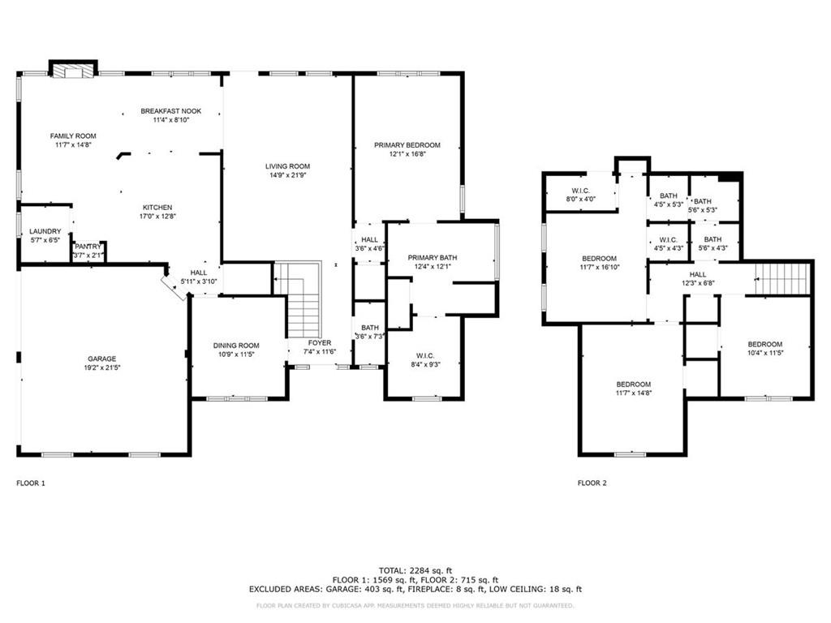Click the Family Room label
pos(73,136)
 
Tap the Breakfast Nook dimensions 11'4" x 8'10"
pos(171,120)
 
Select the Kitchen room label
pos(157,208)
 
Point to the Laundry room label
pos(45,231)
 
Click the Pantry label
pos(88,247)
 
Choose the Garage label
pos(101,359)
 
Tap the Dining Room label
pos(236,346)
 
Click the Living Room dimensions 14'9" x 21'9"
pos(288,175)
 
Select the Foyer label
pos(320,343)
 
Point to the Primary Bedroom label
pos(407,145)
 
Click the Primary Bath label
pos(433,258)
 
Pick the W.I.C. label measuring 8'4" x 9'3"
pos(425,356)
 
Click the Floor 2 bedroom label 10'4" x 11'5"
pos(765,344)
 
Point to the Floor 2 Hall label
pos(698,274)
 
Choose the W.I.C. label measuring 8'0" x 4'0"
pos(581,191)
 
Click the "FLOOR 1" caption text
pos(31,483)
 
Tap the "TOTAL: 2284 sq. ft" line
pos(415,570)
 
